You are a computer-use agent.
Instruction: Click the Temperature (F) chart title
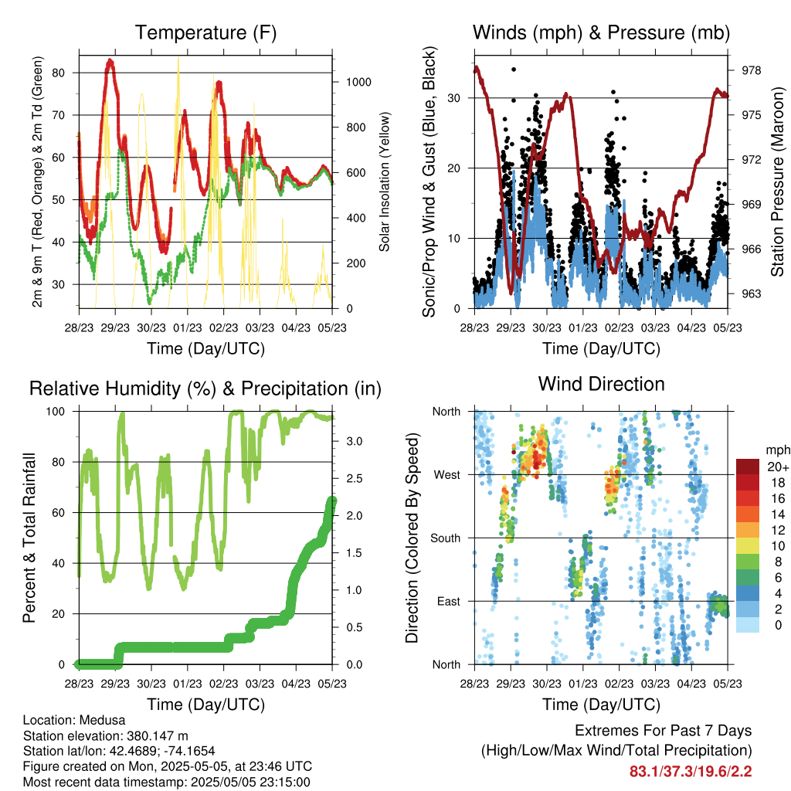(205, 32)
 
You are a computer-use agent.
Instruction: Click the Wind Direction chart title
(601, 384)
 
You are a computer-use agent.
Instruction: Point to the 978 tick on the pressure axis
(751, 70)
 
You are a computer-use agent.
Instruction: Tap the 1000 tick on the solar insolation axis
(358, 82)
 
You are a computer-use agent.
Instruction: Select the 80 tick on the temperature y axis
(59, 73)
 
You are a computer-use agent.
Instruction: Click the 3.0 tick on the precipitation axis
(354, 441)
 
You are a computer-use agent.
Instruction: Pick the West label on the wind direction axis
(447, 475)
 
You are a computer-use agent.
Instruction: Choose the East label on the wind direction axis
(449, 601)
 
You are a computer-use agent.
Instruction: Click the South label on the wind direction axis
(446, 538)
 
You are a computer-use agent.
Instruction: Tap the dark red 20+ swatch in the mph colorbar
(748, 467)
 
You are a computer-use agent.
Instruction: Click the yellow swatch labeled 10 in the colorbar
(748, 546)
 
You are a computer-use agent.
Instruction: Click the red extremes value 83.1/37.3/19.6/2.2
(691, 772)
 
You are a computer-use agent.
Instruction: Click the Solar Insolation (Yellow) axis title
(385, 182)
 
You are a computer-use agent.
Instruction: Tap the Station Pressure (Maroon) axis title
(777, 182)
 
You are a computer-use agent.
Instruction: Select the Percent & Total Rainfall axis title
(29, 538)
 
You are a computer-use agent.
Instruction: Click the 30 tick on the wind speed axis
(453, 98)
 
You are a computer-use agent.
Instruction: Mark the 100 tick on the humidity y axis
(56, 412)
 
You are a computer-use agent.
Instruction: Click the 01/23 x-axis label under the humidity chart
(188, 684)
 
